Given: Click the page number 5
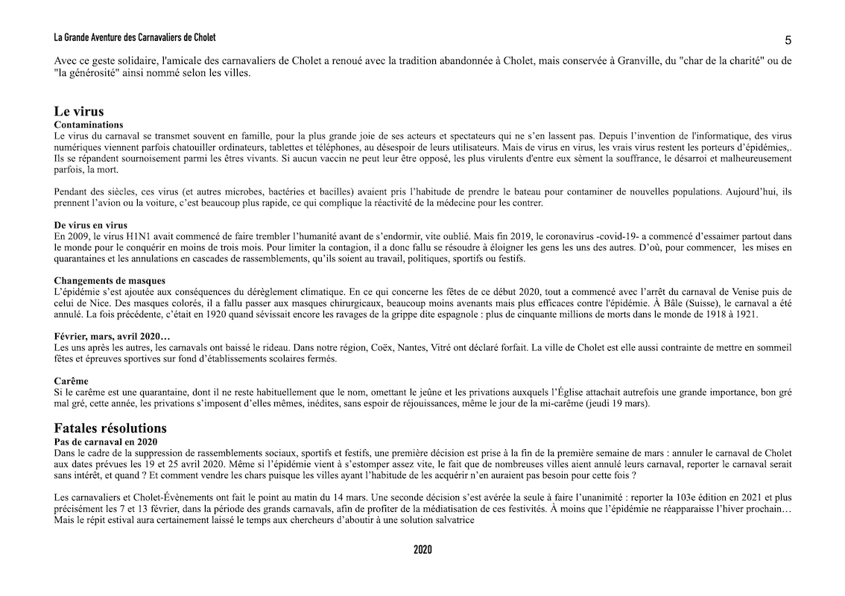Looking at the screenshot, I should [788, 40].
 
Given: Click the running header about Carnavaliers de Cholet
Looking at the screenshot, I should [135, 37].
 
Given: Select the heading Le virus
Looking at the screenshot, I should [79, 112].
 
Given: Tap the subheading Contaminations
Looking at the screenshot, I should [89, 125].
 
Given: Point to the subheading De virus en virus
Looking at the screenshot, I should [91, 225].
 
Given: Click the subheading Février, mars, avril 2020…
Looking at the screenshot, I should [112, 337].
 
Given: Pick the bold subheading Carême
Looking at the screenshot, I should [72, 381].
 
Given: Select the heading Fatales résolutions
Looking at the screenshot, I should [110, 428].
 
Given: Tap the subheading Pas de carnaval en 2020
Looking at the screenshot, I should [106, 442].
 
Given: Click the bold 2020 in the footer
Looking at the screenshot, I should [422, 551].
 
